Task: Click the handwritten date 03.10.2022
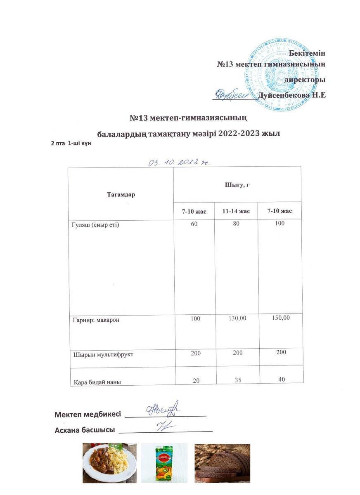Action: click(x=179, y=162)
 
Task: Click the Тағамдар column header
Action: click(x=121, y=195)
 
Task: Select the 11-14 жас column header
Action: click(x=236, y=211)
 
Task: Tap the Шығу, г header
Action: click(x=237, y=184)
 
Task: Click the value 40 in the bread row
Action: click(x=282, y=379)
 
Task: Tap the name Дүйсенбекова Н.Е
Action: click(x=292, y=95)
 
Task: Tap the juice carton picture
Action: click(x=164, y=463)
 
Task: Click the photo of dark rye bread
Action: click(x=222, y=463)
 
